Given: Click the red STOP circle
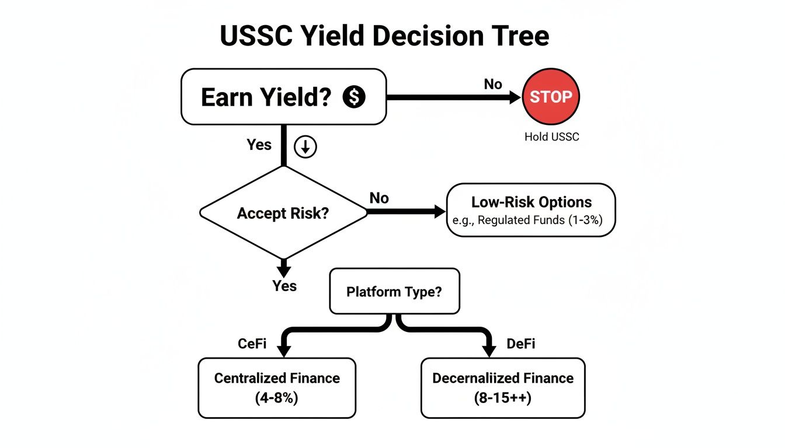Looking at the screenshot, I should click(x=551, y=97).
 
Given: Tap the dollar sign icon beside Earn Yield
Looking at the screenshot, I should click(x=354, y=97).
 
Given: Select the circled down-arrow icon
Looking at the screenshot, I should click(x=305, y=147).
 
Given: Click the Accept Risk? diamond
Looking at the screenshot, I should click(x=284, y=213).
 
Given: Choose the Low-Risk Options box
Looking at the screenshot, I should click(x=531, y=210).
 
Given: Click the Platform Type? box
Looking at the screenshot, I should click(x=395, y=291).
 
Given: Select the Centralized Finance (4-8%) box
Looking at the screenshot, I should click(x=277, y=388).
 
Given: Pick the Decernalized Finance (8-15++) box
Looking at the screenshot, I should click(x=503, y=388).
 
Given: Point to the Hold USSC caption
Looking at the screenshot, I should click(x=551, y=137).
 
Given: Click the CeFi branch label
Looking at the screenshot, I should click(x=252, y=344).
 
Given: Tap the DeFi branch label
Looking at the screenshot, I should click(x=520, y=344).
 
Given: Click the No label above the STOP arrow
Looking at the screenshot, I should click(x=493, y=84).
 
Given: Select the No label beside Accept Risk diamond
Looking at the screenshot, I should click(x=379, y=198).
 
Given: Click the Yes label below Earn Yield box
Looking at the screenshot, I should click(x=259, y=145).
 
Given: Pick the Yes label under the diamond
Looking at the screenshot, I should click(x=284, y=286).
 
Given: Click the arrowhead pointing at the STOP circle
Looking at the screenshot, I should click(x=515, y=97).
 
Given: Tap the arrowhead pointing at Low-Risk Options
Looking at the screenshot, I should click(x=439, y=212).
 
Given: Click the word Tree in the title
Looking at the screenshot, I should click(x=520, y=36).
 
